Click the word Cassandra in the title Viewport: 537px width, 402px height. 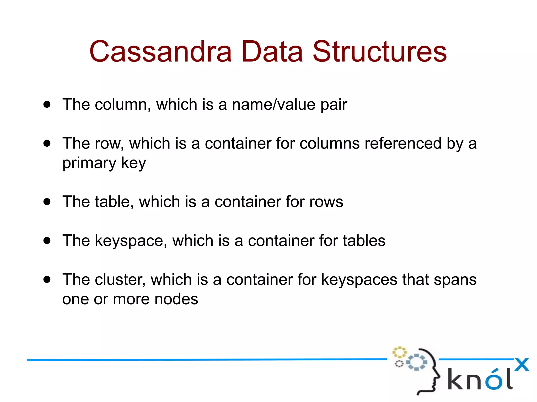tap(160, 52)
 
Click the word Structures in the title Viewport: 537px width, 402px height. tap(379, 52)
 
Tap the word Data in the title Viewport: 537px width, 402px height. tap(272, 52)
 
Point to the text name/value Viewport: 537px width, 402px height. tap(273, 104)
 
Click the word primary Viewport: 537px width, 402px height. tap(89, 163)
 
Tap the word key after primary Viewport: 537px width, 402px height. tap(133, 163)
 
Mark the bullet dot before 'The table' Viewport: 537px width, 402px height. tap(47, 202)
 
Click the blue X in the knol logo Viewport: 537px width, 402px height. tap(522, 365)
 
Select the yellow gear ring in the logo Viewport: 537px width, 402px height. tap(399, 352)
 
